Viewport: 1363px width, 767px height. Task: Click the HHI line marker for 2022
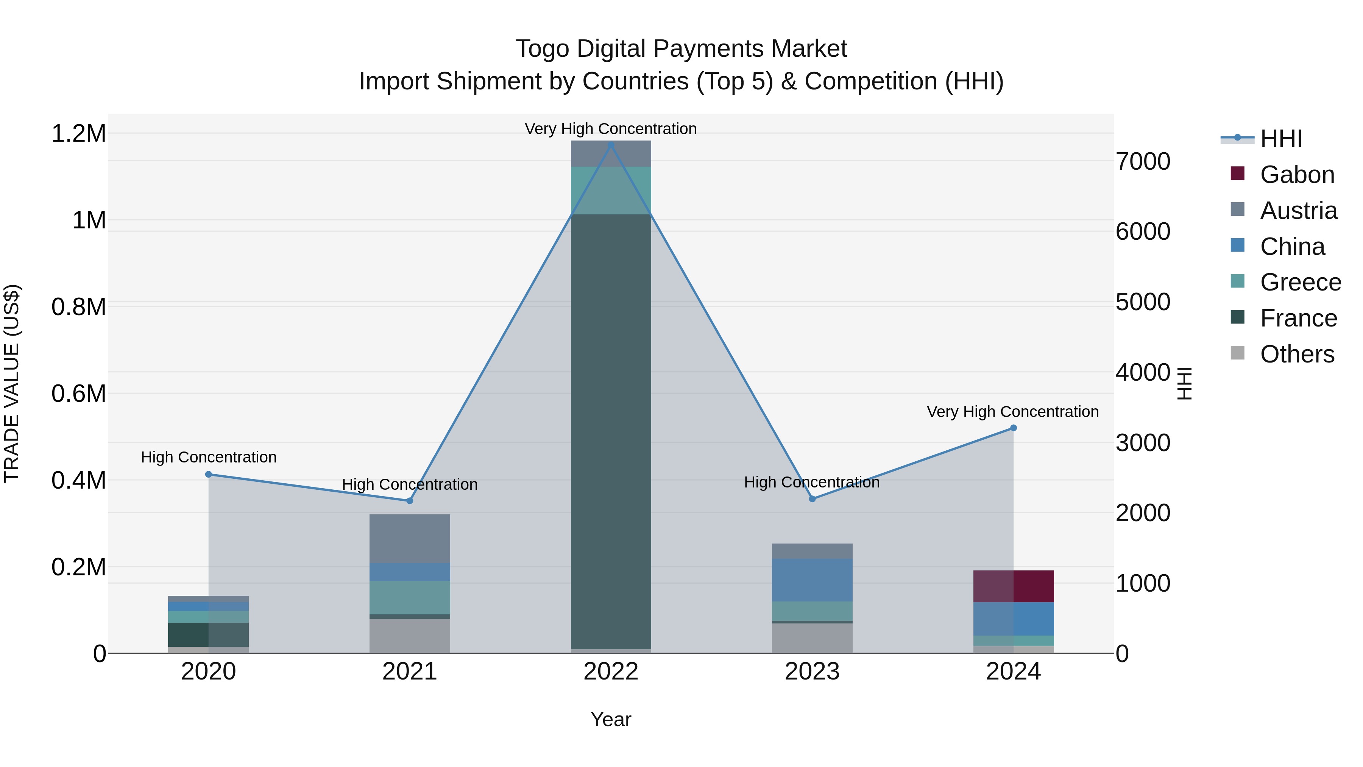point(611,145)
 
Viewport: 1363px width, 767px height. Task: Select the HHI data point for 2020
point(209,474)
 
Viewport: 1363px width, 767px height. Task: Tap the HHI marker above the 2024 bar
point(1013,428)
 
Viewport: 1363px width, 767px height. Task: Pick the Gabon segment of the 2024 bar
point(1013,586)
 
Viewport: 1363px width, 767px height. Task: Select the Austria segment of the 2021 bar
point(410,538)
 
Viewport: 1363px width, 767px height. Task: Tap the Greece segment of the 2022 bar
point(611,191)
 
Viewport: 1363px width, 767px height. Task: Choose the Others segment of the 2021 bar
point(410,635)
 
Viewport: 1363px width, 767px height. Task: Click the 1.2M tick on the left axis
point(78,133)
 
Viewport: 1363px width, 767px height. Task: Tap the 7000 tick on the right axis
point(1143,161)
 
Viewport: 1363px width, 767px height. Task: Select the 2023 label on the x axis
point(812,672)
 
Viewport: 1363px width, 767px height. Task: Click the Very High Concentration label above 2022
point(611,129)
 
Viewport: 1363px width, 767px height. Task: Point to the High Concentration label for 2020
point(209,457)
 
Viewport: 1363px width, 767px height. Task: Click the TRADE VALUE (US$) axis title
point(12,383)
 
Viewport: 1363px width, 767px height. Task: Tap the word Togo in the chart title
point(542,49)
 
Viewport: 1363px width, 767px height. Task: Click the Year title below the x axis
point(611,719)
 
